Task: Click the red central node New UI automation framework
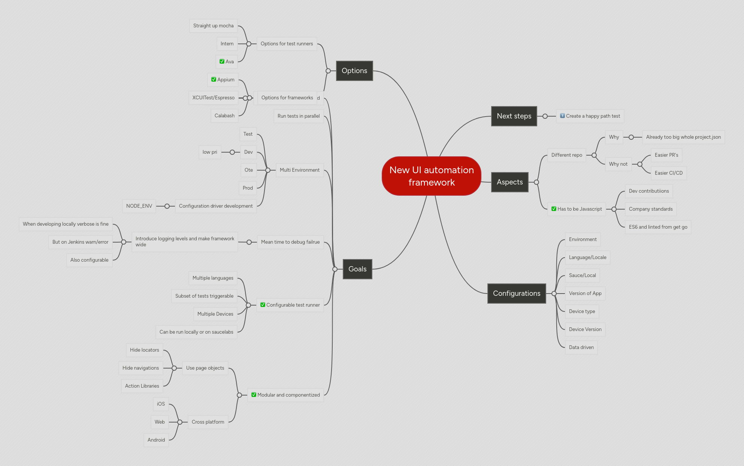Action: (431, 176)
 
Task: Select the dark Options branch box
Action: (354, 71)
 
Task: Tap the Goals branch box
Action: (357, 269)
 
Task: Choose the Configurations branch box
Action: (516, 294)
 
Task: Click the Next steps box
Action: (514, 116)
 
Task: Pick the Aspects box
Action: (509, 182)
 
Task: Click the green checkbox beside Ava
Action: (222, 61)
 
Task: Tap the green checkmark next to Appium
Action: (214, 79)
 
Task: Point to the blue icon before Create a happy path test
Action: (562, 116)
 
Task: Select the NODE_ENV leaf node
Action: (139, 206)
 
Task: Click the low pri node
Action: (210, 152)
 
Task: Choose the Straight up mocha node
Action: (213, 26)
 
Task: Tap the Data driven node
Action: (581, 348)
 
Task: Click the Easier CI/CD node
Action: (668, 173)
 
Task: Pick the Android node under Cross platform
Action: (156, 440)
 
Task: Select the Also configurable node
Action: (89, 260)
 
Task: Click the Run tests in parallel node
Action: (298, 116)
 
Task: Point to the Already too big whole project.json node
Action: (683, 137)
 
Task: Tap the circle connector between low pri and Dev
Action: (232, 152)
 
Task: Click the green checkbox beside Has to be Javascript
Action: (554, 209)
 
